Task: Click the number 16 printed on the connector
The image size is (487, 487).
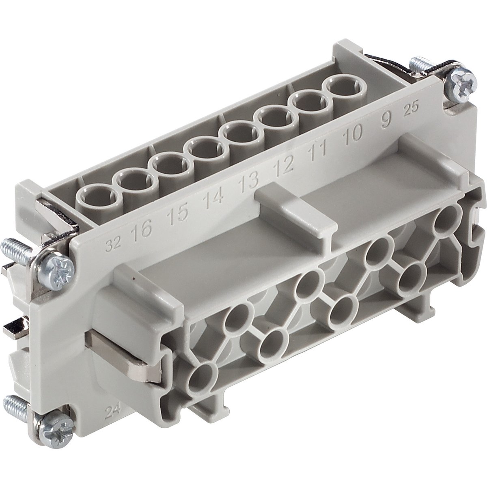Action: click(141, 231)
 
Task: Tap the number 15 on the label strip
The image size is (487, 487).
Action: click(179, 212)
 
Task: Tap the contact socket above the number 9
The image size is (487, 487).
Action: click(339, 86)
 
